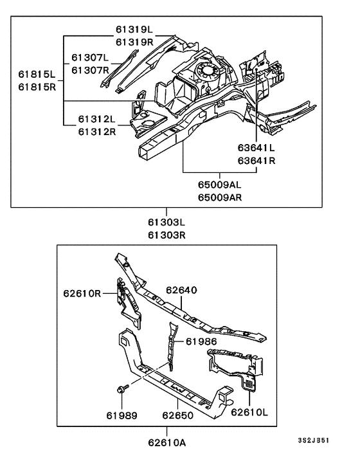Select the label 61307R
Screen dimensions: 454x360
(91, 69)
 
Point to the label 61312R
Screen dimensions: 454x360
(96, 132)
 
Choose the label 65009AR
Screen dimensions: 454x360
(220, 197)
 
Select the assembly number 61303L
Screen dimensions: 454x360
(166, 222)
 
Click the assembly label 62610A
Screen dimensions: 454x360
(166, 442)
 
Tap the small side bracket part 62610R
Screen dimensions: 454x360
(127, 299)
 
